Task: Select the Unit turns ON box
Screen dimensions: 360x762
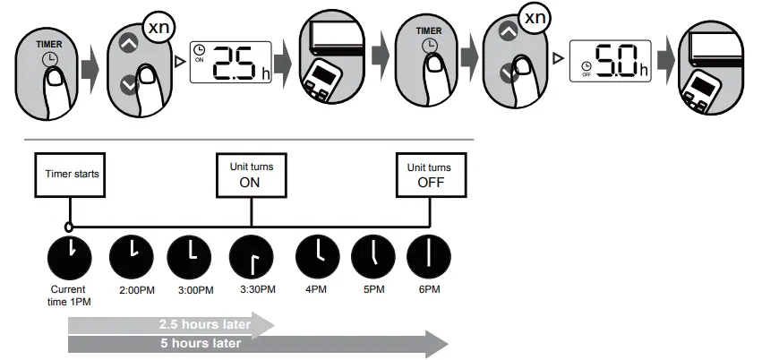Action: pyautogui.click(x=252, y=174)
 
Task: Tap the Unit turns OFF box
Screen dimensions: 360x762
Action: pyautogui.click(x=432, y=174)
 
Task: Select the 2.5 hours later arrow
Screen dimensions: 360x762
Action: pyautogui.click(x=170, y=323)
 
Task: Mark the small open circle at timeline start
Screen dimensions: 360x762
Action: pyautogui.click(x=69, y=227)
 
